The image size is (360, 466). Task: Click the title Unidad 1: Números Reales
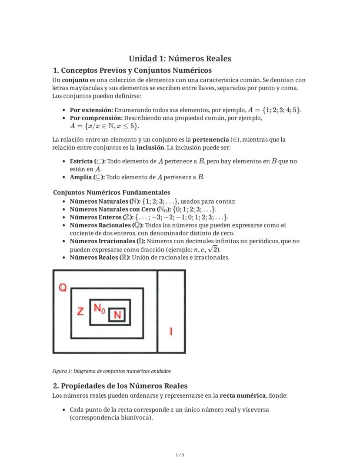pyautogui.click(x=180, y=59)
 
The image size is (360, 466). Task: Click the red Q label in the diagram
pyautogui.click(x=63, y=288)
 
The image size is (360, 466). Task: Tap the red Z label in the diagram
pyautogui.click(x=80, y=312)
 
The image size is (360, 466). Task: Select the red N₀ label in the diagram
pyautogui.click(x=100, y=308)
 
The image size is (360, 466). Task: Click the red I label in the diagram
pyautogui.click(x=171, y=331)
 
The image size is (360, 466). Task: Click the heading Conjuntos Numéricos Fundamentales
pyautogui.click(x=112, y=192)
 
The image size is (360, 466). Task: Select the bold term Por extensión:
pyautogui.click(x=91, y=110)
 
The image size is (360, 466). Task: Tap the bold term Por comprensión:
pyautogui.click(x=97, y=118)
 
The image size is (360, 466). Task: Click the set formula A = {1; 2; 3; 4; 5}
pyautogui.click(x=274, y=110)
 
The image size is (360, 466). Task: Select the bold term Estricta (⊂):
pyautogui.click(x=87, y=161)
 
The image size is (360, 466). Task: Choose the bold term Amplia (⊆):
pyautogui.click(x=87, y=177)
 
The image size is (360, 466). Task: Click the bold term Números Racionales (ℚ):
pyautogui.click(x=107, y=225)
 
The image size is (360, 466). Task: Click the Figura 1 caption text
pyautogui.click(x=111, y=371)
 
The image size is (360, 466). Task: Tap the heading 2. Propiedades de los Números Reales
pyautogui.click(x=120, y=386)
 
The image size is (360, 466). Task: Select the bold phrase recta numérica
pyautogui.click(x=243, y=396)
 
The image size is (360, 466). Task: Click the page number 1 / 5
pyautogui.click(x=180, y=455)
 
